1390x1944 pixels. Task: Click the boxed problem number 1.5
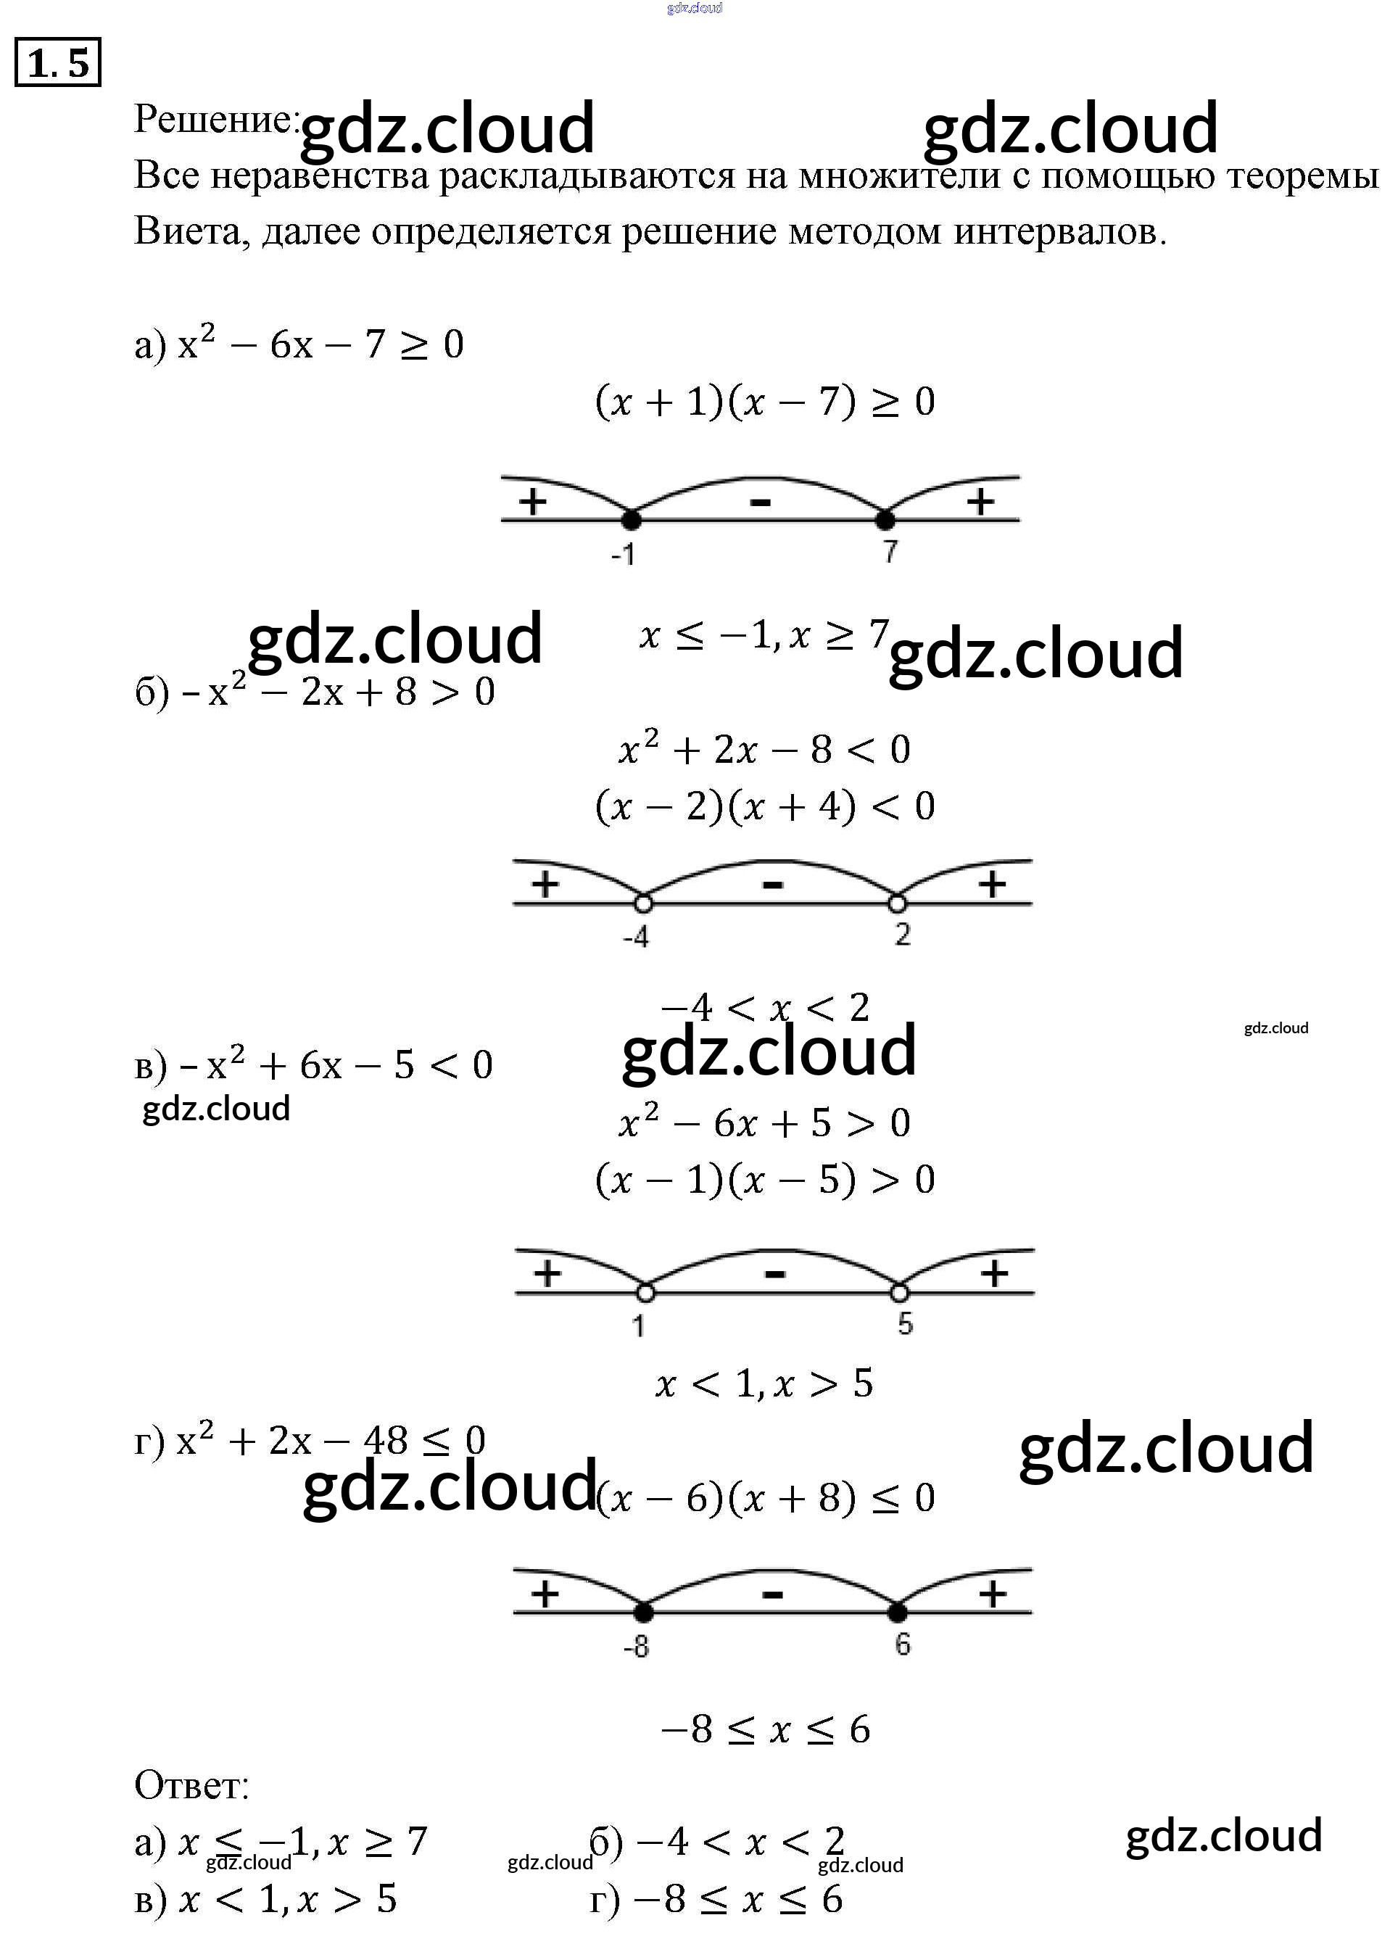[x=58, y=63]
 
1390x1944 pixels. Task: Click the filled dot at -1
[x=631, y=518]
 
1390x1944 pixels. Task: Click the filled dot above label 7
[x=886, y=518]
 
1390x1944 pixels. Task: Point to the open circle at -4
[x=642, y=902]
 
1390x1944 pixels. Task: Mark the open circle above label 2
[x=897, y=902]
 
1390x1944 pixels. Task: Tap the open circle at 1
[x=645, y=1291]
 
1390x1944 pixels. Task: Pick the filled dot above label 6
[x=897, y=1612]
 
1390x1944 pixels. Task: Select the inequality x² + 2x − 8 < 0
[x=764, y=750]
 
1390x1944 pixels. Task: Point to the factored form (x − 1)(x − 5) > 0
[x=764, y=1180]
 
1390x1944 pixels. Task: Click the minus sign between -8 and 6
[x=772, y=1594]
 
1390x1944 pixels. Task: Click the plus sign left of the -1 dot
[x=532, y=501]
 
